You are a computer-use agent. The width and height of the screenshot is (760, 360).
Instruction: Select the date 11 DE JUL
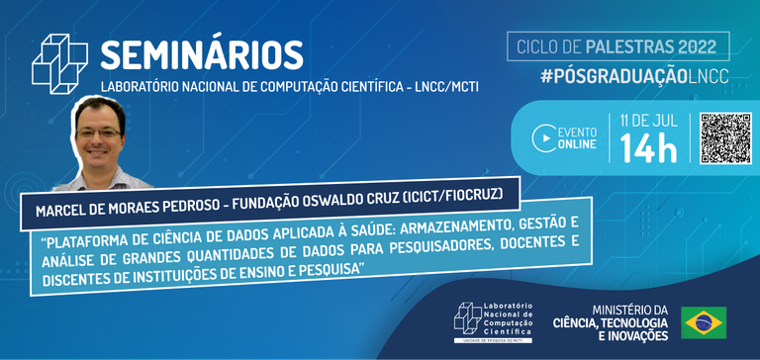[x=648, y=121]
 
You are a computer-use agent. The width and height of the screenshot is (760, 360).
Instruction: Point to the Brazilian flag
[x=704, y=321]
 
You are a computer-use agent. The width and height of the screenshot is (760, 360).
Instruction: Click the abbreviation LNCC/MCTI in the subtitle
[x=438, y=86]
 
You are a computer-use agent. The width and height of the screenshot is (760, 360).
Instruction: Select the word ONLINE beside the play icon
[x=577, y=145]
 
